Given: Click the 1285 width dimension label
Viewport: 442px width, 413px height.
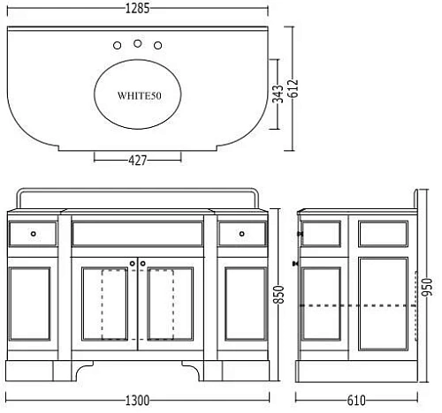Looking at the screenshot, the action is (x=137, y=8).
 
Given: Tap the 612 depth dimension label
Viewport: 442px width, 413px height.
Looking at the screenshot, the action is (x=294, y=88).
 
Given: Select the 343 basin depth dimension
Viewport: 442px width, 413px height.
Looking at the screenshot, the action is (x=278, y=94).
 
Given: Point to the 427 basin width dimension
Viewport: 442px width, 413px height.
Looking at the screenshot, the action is (x=137, y=161).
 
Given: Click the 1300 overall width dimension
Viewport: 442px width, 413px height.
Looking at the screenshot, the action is (x=137, y=401).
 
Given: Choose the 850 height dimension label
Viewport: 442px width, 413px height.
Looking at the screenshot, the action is (x=278, y=294).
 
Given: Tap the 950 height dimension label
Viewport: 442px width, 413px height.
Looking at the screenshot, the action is (x=427, y=287).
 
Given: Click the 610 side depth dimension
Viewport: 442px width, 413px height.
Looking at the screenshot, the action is (x=356, y=401).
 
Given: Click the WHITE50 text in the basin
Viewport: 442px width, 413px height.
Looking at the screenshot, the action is (x=140, y=95).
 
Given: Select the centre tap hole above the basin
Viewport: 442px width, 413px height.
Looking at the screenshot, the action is (x=137, y=43).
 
